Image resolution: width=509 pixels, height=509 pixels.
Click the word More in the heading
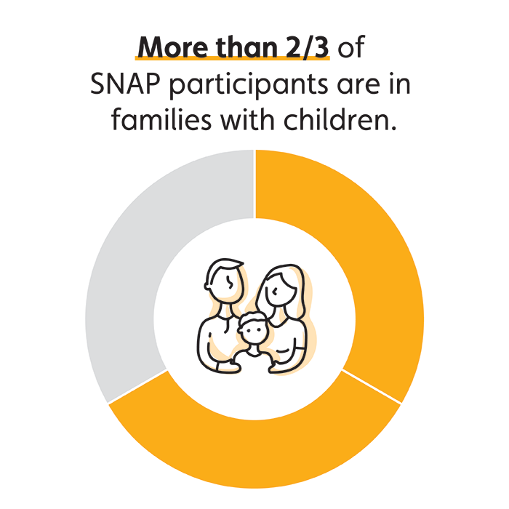173,47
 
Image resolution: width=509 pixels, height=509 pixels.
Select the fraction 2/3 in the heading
307,47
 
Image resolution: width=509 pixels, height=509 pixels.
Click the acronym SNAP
125,84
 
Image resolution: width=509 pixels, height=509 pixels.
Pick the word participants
249,85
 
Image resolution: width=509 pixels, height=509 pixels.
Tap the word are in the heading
358,86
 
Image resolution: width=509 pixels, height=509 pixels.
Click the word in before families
400,84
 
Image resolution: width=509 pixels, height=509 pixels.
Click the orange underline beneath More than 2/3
233,58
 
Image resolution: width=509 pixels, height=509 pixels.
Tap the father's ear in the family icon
208,285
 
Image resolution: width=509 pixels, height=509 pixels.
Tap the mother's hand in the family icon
274,366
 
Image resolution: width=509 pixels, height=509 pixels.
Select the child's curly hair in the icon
252,320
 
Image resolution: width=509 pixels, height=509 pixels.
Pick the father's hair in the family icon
223,267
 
